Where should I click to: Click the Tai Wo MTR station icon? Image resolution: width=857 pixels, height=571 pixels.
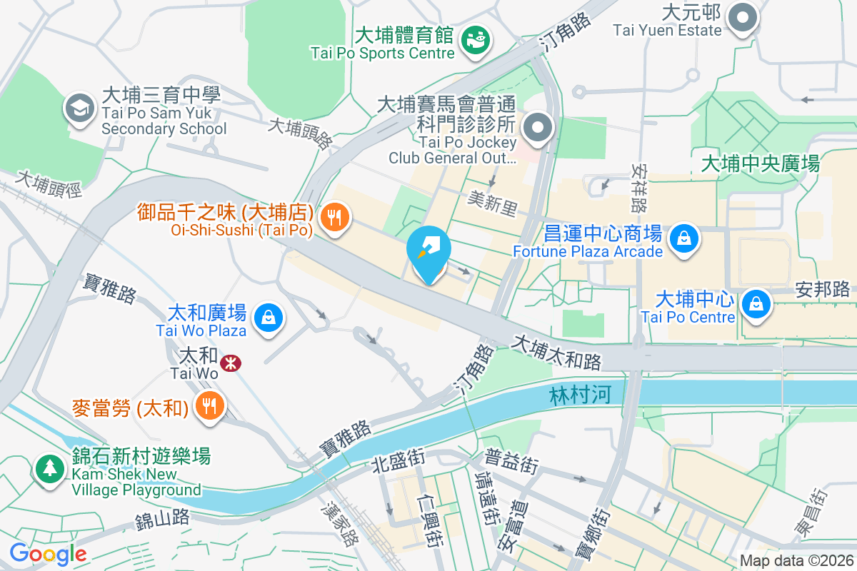click(230, 363)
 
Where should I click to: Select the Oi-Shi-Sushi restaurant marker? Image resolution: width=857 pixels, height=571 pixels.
click(334, 216)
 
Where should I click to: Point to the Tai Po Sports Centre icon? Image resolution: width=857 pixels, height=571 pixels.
click(474, 39)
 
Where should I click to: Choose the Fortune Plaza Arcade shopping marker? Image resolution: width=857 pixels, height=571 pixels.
click(684, 237)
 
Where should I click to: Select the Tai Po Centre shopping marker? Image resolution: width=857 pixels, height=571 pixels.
click(755, 303)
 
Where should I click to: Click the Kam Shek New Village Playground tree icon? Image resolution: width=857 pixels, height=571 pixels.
click(49, 469)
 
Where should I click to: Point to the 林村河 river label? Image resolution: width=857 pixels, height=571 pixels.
click(581, 395)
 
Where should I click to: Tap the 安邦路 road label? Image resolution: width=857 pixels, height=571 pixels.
click(822, 289)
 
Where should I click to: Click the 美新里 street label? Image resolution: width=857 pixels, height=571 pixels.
click(492, 200)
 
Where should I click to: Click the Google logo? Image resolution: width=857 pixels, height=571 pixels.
click(48, 553)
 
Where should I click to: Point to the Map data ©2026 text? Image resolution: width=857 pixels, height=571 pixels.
click(796, 560)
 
